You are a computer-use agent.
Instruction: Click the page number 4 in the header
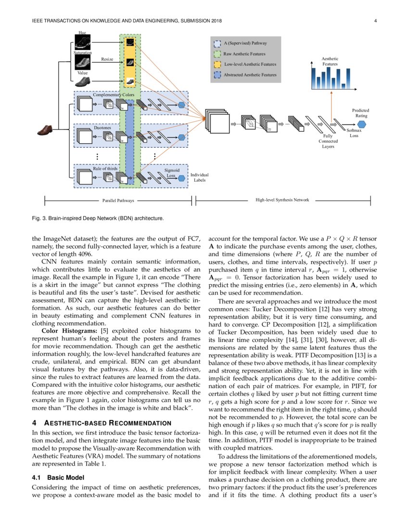[x=374, y=20]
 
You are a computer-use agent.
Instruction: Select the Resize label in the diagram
[x=107, y=59]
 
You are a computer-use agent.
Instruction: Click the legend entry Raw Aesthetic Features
[x=244, y=54]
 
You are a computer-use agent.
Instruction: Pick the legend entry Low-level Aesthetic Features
[x=250, y=64]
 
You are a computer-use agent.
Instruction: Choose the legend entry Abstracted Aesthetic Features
[x=250, y=75]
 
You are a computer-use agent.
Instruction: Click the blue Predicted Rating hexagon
[x=361, y=125]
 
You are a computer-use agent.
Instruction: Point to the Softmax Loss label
[x=354, y=133]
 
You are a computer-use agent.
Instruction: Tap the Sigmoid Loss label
[x=172, y=173]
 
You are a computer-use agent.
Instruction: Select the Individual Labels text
[x=199, y=178]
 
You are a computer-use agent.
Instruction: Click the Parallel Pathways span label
[x=118, y=200]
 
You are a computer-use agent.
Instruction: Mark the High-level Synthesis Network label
[x=282, y=200]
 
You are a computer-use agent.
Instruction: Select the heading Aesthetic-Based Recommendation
[x=105, y=423]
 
